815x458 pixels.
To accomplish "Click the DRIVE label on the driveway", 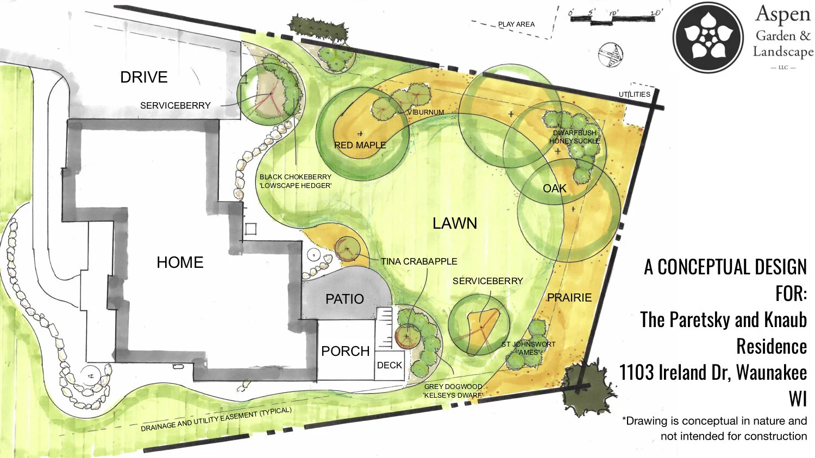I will [x=143, y=77].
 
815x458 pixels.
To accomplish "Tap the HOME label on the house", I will [x=180, y=262].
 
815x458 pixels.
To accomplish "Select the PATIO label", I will [x=344, y=299].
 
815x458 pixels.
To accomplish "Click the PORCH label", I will [x=345, y=351].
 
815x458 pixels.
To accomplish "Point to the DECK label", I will [x=390, y=365].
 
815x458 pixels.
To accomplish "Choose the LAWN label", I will [x=455, y=223].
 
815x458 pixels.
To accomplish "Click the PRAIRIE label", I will [x=569, y=298].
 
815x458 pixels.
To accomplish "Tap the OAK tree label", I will [x=554, y=189].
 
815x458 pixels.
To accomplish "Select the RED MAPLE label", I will [x=360, y=145].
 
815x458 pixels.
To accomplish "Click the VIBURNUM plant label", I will [x=425, y=112].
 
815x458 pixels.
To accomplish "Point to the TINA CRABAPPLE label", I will [x=419, y=261].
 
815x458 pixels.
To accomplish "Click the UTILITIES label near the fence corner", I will [x=634, y=94].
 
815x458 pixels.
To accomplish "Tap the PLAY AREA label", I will [x=516, y=24].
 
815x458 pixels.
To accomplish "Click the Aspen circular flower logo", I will [x=709, y=37].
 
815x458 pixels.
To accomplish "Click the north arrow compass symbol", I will [x=611, y=55].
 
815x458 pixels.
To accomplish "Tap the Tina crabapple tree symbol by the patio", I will [x=346, y=250].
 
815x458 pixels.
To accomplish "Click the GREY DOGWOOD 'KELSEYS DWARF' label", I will [x=453, y=391].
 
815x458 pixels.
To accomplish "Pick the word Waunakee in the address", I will [x=772, y=373].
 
